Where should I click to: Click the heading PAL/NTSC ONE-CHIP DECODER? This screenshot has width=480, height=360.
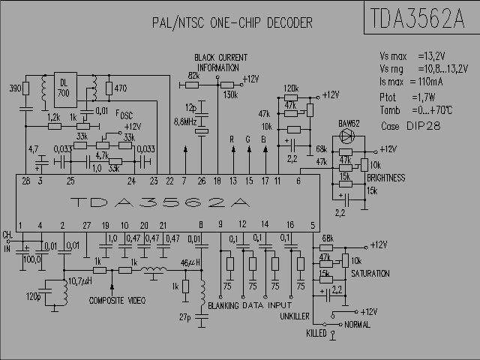point(232,23)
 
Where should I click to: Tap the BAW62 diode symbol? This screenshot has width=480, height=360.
point(347,136)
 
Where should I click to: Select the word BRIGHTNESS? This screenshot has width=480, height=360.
point(386,178)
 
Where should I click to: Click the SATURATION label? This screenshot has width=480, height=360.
point(370,274)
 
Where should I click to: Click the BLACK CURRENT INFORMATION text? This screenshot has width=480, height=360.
point(220,61)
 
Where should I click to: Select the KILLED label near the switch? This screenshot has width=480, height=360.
point(316,331)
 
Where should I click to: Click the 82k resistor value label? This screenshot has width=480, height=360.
point(193,76)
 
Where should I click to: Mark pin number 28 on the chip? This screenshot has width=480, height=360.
point(26,181)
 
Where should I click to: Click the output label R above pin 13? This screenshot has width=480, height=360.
point(232,139)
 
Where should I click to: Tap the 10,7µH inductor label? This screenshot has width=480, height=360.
point(79,281)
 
